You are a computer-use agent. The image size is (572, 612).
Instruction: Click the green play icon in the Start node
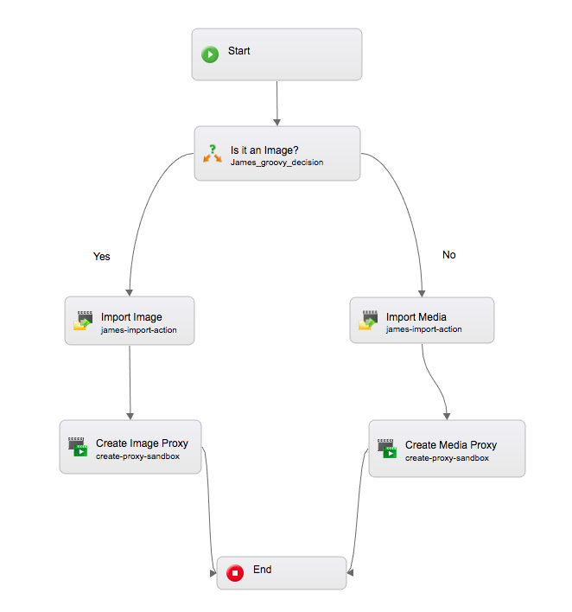click(x=210, y=54)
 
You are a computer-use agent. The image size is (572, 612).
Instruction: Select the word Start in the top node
click(x=239, y=51)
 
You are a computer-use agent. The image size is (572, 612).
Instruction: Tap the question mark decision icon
click(x=213, y=153)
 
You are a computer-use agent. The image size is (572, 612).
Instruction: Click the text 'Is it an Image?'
click(x=264, y=150)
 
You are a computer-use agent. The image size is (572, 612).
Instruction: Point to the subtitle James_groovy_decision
click(x=276, y=162)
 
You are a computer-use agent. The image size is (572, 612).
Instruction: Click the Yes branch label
click(x=102, y=257)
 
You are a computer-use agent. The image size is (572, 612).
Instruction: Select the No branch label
click(x=448, y=255)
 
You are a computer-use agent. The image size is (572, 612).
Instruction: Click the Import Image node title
click(x=131, y=317)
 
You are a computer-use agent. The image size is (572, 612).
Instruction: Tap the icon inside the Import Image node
click(x=83, y=321)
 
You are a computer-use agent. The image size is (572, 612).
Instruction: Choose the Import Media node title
click(x=416, y=317)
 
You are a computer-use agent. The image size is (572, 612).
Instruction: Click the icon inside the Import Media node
click(x=368, y=321)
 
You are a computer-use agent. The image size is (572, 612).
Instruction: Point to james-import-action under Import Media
click(x=423, y=329)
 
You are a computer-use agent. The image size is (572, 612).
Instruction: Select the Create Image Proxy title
click(x=142, y=443)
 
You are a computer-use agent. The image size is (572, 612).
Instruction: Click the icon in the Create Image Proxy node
click(x=78, y=446)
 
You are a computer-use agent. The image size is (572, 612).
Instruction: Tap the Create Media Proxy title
click(x=451, y=445)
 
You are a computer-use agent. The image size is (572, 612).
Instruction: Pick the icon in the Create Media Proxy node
click(x=387, y=448)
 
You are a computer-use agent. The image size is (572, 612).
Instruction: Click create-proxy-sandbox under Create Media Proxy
click(x=447, y=458)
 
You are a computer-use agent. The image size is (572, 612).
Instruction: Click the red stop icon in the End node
click(x=234, y=573)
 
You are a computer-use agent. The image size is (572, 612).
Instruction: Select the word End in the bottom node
click(x=263, y=570)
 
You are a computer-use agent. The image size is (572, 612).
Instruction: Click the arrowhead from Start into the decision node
click(x=276, y=121)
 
